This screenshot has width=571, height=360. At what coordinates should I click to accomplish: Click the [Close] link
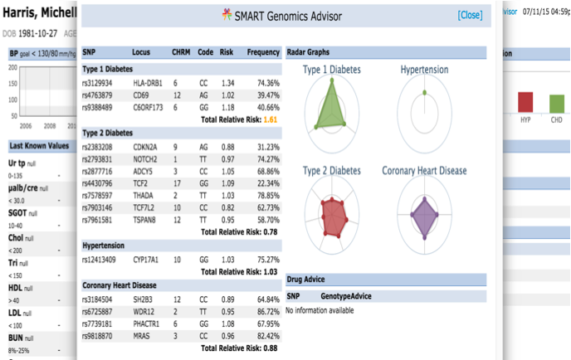tap(469, 15)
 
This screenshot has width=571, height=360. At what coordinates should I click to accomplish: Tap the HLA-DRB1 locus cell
tap(147, 83)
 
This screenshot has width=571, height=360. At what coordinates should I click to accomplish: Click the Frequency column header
tap(263, 52)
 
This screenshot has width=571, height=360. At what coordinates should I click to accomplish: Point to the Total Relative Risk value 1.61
tap(271, 120)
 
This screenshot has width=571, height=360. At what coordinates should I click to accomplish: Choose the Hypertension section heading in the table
tap(105, 246)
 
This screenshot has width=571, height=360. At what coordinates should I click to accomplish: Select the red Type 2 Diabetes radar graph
tap(332, 219)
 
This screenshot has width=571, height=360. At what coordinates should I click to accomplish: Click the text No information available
tap(320, 310)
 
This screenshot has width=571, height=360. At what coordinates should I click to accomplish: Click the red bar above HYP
tap(525, 102)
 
